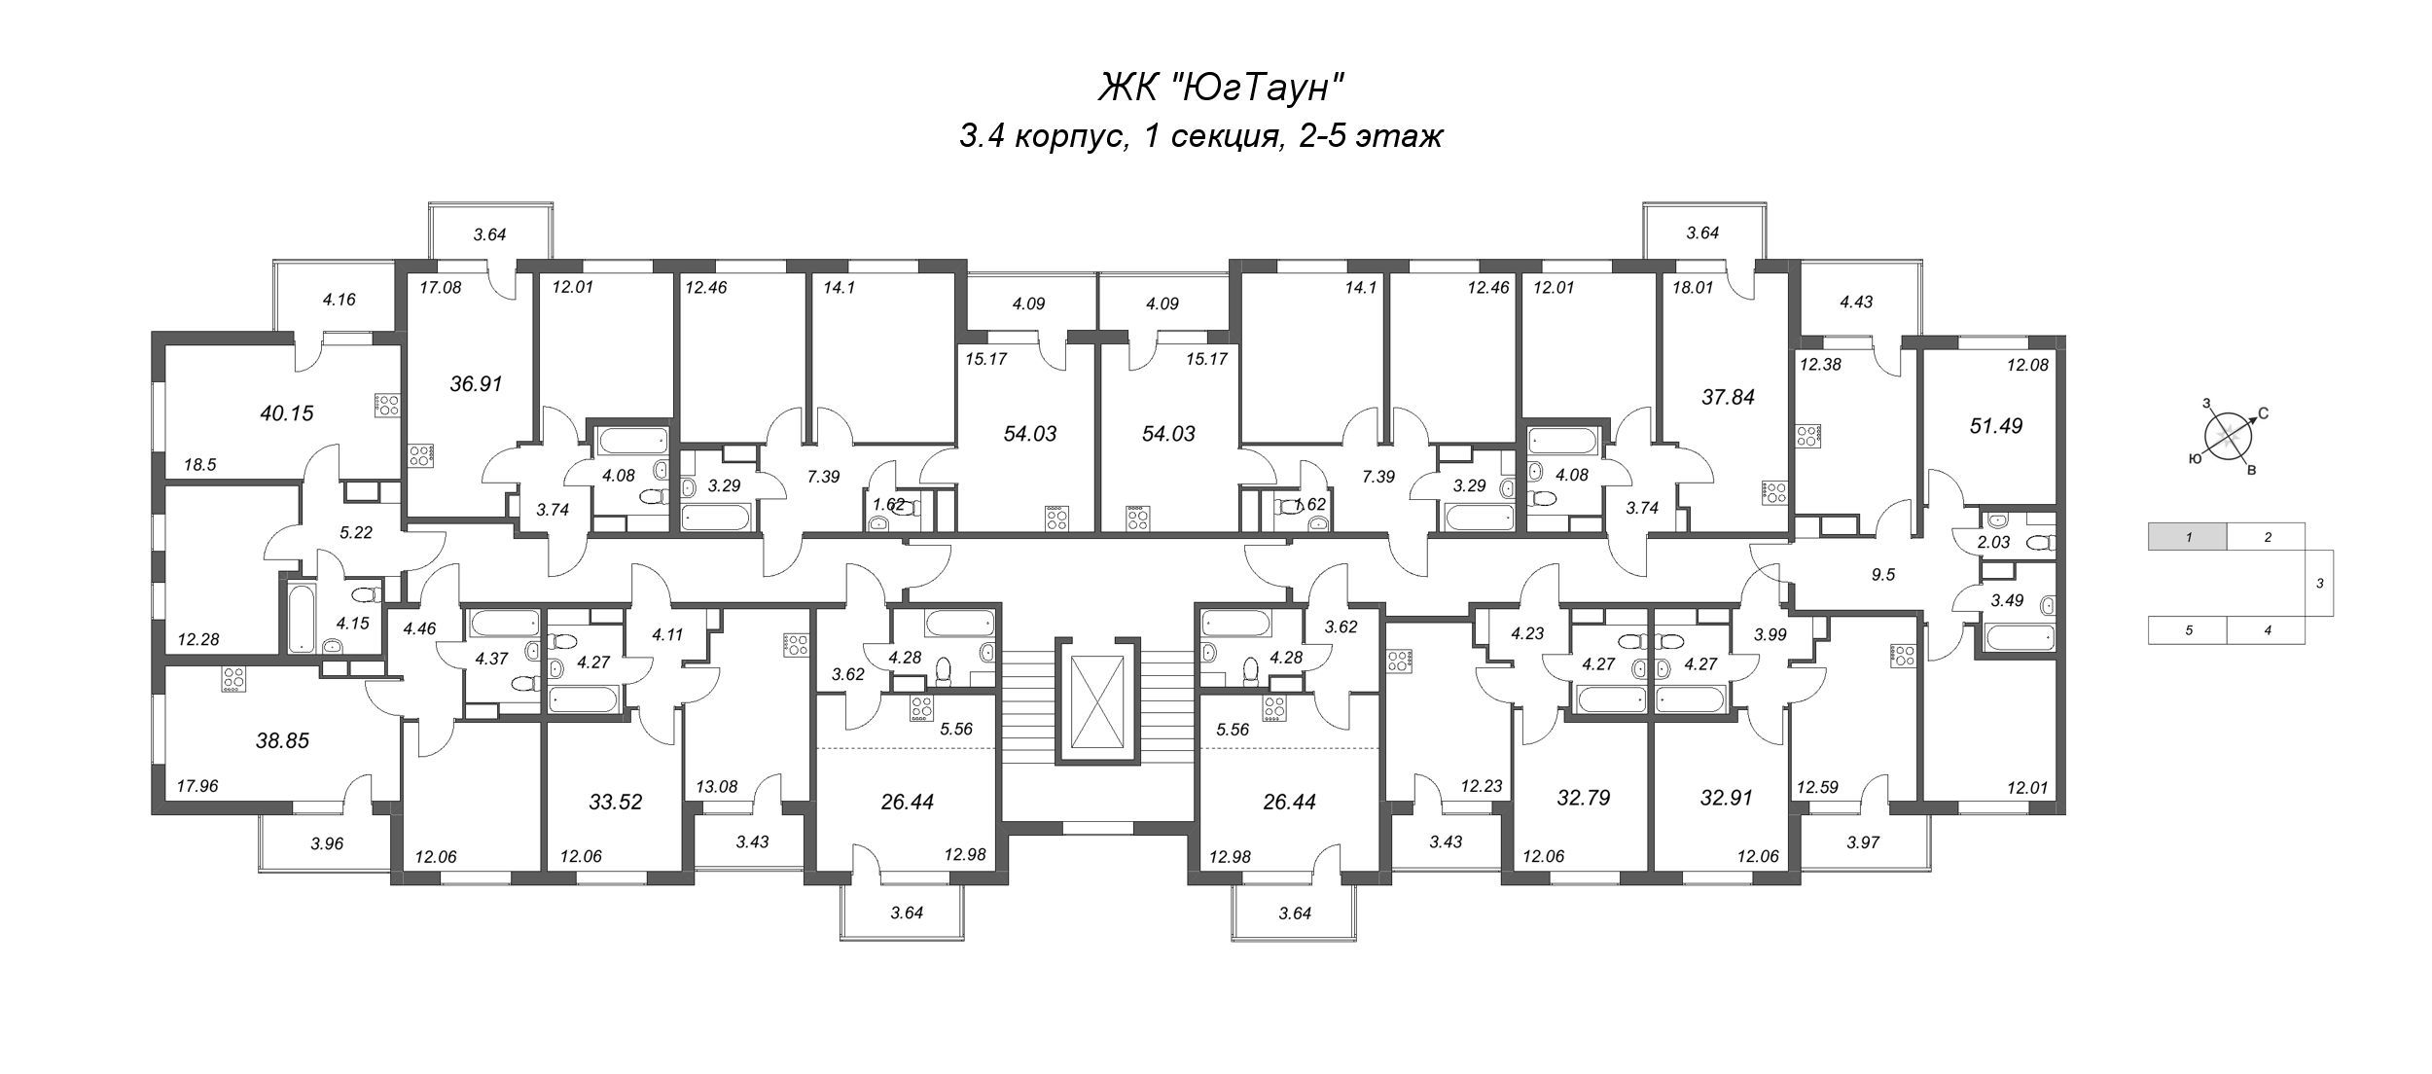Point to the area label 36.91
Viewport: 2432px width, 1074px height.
point(476,383)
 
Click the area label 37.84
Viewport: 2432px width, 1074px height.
point(1729,397)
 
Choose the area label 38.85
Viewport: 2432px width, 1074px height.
point(282,741)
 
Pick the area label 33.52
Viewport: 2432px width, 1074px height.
point(616,803)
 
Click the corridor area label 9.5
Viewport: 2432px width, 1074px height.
point(1883,574)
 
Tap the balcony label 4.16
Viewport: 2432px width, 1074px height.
point(339,300)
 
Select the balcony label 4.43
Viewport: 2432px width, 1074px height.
point(1857,302)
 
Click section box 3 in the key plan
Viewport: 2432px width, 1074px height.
point(2320,584)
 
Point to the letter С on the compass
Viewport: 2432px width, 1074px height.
point(2263,413)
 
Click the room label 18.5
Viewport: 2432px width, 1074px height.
point(199,465)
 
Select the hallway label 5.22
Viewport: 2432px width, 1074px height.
point(357,532)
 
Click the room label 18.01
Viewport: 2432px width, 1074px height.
point(1691,287)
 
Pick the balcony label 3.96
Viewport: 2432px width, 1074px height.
point(328,843)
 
